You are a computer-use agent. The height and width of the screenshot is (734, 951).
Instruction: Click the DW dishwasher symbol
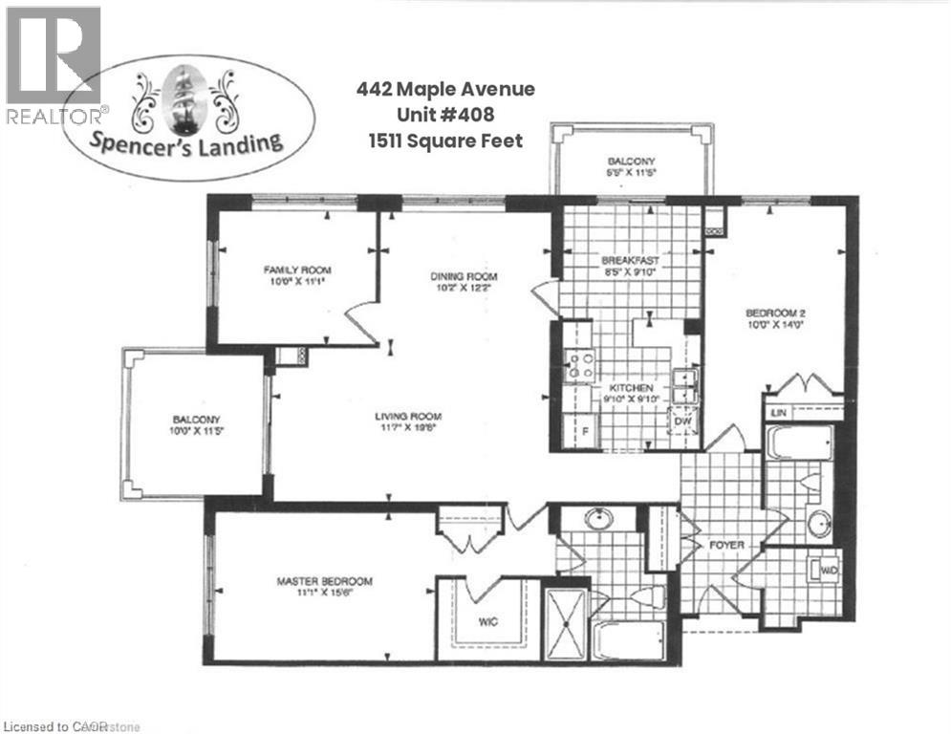pos(683,421)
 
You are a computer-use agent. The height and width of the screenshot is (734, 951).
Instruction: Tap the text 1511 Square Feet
pos(444,140)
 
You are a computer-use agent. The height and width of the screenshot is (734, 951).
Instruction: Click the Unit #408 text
pos(444,116)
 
